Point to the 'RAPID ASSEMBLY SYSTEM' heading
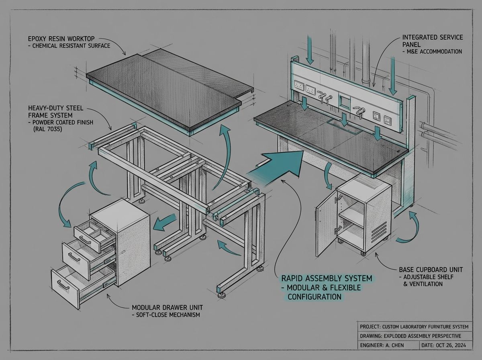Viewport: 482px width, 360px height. click(326, 278)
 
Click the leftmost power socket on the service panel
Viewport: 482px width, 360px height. click(298, 85)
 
